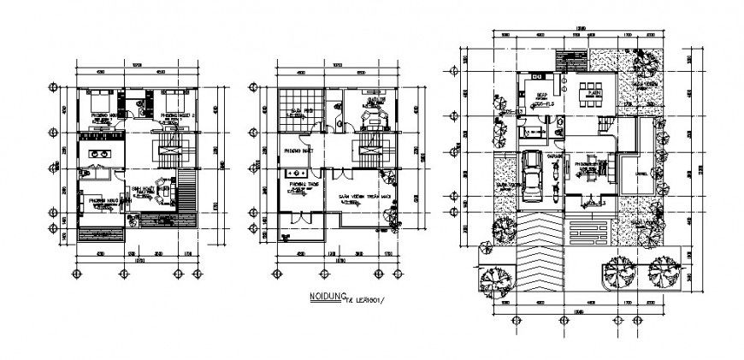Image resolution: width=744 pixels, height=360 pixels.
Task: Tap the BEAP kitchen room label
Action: click(540, 97)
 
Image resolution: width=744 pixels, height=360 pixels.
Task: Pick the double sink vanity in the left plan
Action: click(100, 154)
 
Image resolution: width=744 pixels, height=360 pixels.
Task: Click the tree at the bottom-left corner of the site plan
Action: click(495, 277)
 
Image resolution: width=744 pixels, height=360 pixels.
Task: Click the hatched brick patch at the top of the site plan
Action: click(566, 63)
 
